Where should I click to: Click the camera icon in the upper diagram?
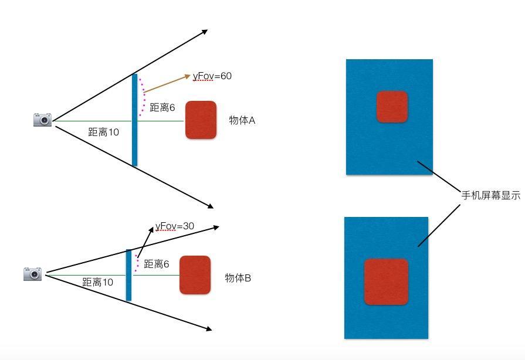pos(42,120)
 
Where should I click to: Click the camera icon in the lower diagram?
pos(33,273)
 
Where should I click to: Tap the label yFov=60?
pos(212,76)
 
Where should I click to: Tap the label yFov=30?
pos(175,226)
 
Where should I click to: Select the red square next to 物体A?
pos(201,120)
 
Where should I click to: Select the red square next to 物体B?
pos(195,274)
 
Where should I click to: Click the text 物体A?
pos(242,120)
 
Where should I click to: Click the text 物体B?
pos(238,278)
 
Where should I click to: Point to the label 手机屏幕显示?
pos(490,196)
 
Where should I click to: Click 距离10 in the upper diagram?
pos(103,133)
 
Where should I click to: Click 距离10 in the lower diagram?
pos(97,283)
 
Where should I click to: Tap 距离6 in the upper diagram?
pos(162,108)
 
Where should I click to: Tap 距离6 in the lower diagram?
pos(157,264)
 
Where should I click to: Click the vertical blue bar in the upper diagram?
pos(134,120)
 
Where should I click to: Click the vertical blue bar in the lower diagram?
pos(128,274)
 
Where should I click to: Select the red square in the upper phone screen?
pos(392,107)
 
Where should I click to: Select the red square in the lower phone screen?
pos(386,281)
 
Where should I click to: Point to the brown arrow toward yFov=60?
pos(167,84)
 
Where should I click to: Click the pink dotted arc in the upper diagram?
pos(143,97)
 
